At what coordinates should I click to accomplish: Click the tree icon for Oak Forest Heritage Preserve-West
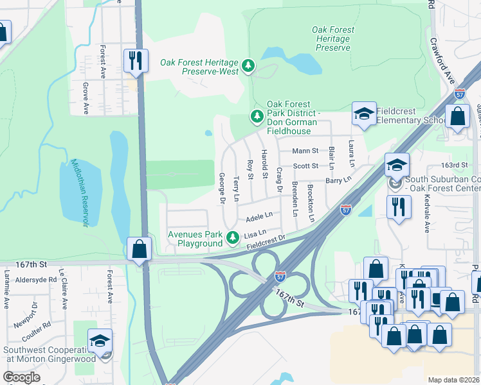tap(248, 65)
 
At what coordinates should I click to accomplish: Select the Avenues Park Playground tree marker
tap(232, 239)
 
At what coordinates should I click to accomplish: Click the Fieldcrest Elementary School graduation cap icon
tap(364, 114)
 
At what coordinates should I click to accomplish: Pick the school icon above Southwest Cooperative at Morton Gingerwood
tap(100, 340)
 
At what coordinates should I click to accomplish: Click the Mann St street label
tap(305, 151)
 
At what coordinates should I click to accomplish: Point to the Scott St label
tap(305, 166)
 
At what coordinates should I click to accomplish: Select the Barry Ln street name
tap(338, 181)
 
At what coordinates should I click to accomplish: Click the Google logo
tap(21, 377)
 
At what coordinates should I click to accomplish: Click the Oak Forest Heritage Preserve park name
tap(332, 38)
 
